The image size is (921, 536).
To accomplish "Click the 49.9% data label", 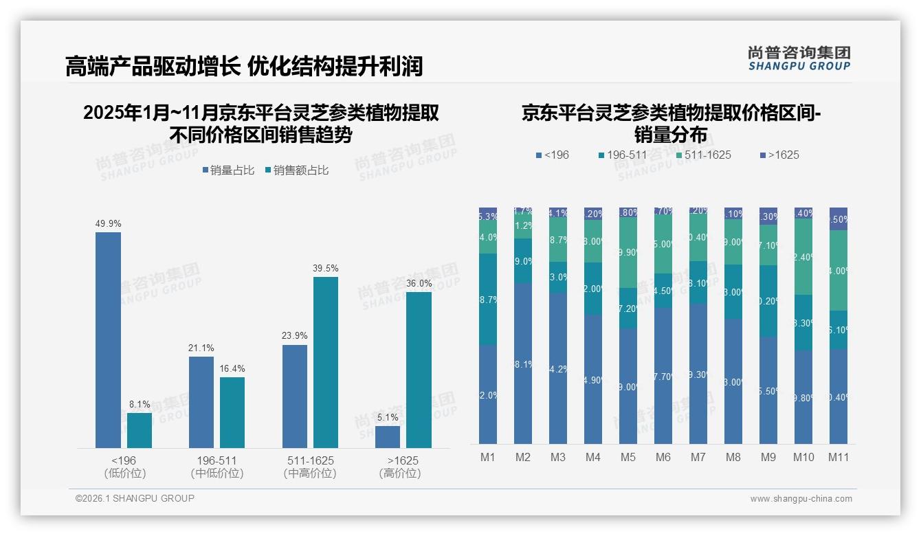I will click(108, 223).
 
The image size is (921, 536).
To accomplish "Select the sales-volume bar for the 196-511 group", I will click(201, 402).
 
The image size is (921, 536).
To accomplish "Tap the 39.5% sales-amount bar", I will click(326, 362).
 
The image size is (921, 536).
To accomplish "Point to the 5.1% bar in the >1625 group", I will click(388, 437).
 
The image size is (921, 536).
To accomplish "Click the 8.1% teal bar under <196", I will click(140, 430).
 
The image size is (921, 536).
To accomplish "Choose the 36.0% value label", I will click(419, 283).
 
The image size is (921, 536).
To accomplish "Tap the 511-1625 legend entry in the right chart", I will click(703, 155).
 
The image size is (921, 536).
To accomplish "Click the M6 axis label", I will click(663, 457).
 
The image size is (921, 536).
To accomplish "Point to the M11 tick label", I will click(839, 457).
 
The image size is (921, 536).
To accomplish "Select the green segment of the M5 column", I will click(628, 252).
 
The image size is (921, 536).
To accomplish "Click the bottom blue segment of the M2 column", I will click(523, 363).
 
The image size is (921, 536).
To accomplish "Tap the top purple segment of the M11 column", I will click(839, 219).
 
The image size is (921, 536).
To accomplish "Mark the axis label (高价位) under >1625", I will click(399, 473).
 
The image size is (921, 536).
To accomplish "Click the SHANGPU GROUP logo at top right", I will click(799, 58).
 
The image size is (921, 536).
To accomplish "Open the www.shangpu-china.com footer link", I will click(801, 499).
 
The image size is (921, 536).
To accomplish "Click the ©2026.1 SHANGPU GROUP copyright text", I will click(135, 498).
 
